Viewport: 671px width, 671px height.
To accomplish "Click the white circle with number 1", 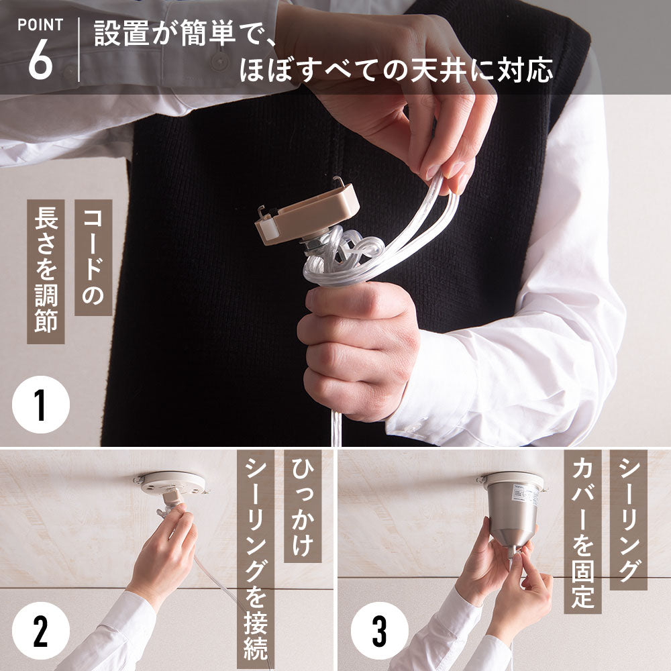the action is click(41, 405).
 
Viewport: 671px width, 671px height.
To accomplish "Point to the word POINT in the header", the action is click(40, 25).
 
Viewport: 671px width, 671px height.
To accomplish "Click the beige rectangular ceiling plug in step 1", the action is click(307, 213).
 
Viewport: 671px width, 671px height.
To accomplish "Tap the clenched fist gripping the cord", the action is click(358, 349).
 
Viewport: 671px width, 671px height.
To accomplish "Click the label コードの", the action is click(93, 257).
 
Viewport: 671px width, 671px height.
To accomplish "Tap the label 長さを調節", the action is click(46, 271).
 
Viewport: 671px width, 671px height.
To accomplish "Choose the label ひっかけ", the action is click(303, 506).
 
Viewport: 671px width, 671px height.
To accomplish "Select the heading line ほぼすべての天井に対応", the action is click(396, 70).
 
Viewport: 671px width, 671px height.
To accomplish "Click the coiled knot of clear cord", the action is click(338, 254).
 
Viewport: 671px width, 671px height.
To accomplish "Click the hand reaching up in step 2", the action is click(165, 552).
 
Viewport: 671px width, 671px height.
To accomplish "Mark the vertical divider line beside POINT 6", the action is click(79, 50).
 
